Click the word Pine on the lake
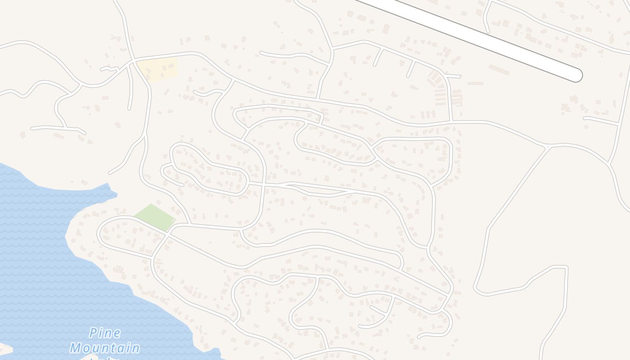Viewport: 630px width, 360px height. click(105, 333)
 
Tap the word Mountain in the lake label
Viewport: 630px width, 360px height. click(104, 348)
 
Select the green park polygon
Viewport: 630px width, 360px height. click(155, 217)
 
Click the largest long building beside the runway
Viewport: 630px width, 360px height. click(499, 70)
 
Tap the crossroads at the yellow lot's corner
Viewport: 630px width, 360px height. click(133, 60)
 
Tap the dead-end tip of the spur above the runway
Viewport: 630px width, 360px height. click(487, 31)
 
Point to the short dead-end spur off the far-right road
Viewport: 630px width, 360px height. click(585, 118)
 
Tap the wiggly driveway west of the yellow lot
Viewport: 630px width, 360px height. click(110, 69)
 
